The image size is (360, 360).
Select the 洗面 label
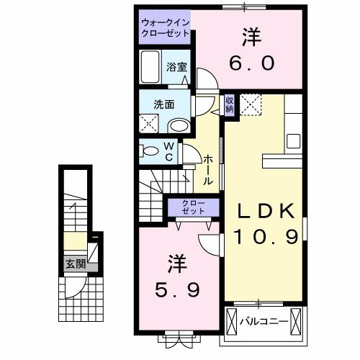163,104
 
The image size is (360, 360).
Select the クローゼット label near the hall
193,207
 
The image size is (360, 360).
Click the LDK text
266,210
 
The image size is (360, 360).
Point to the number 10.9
266,237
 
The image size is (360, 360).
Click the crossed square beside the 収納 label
250,104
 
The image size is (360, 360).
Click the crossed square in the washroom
150,125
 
